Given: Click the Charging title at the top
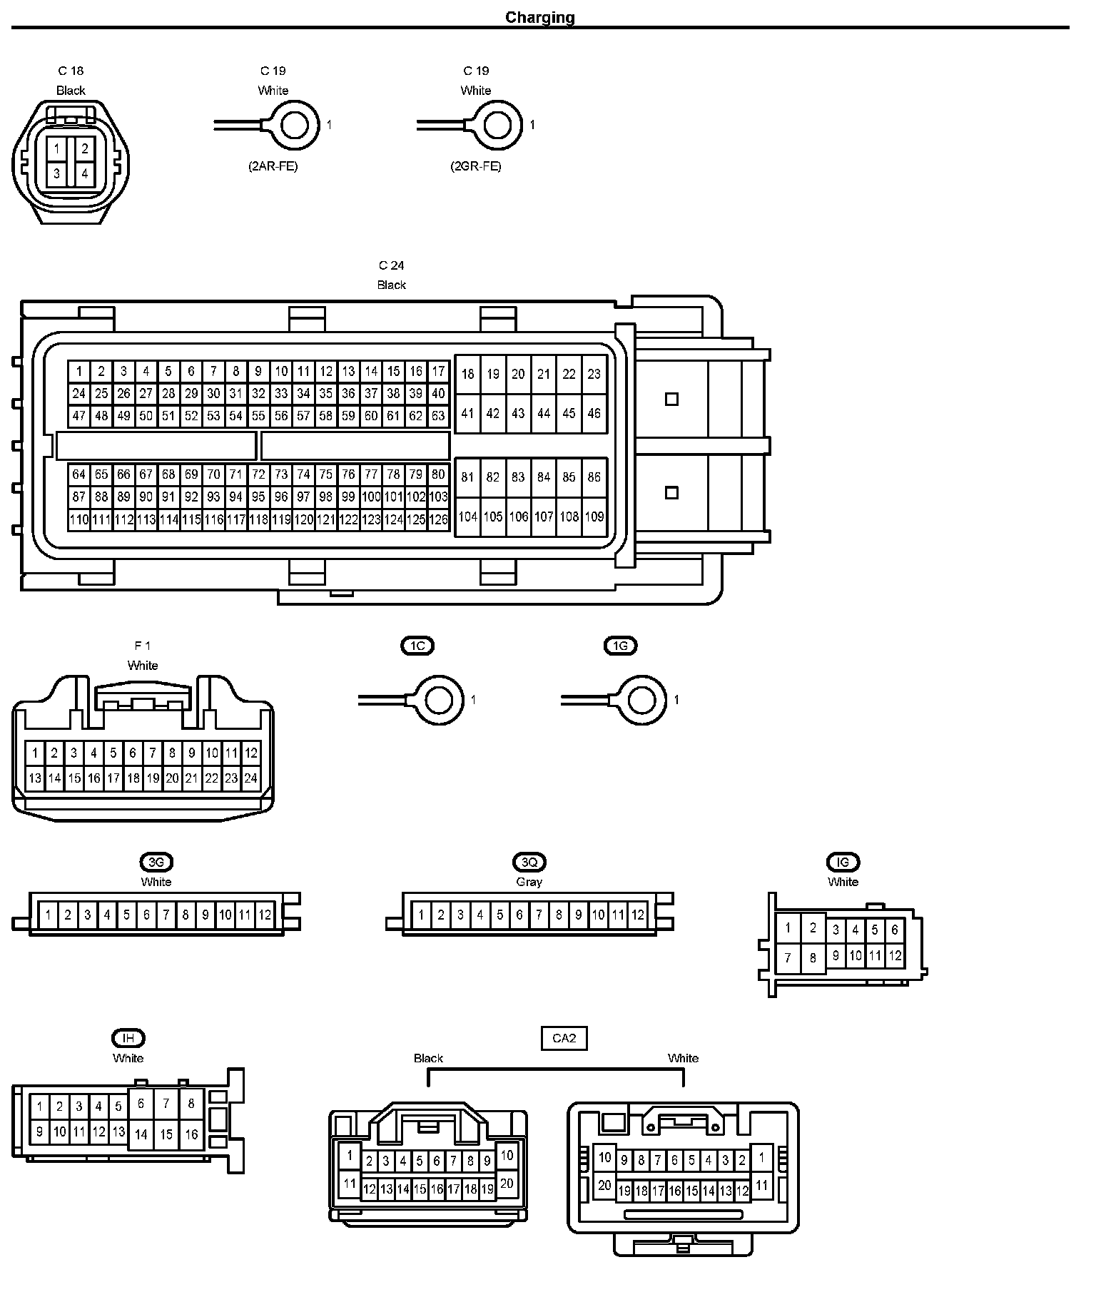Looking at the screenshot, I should coord(539,17).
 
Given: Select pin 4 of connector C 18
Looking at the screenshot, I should coord(84,173).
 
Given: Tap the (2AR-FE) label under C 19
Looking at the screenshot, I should coord(273,166).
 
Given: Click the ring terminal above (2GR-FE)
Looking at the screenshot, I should coord(498,125).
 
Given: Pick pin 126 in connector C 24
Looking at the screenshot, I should coord(438,519).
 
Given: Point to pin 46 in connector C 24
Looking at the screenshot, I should coord(594,413).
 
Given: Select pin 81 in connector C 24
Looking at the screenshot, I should coord(467,477).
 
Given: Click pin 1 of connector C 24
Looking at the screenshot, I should coord(79,371).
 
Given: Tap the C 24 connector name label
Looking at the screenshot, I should coord(391,265).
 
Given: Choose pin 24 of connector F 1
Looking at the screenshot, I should coord(250,778).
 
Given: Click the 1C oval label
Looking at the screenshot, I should coord(417,646).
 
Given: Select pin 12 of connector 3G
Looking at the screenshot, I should coord(265,915).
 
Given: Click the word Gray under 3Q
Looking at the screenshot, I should coord(529,882).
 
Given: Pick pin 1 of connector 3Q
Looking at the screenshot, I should coord(421,915).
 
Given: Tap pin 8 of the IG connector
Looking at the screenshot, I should coord(813,957).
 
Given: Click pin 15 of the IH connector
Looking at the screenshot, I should coord(166,1134).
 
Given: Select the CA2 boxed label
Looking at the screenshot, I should coord(564,1038).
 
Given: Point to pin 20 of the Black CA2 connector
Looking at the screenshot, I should coord(507,1183).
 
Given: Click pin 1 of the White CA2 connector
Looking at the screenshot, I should coord(762,1156).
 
